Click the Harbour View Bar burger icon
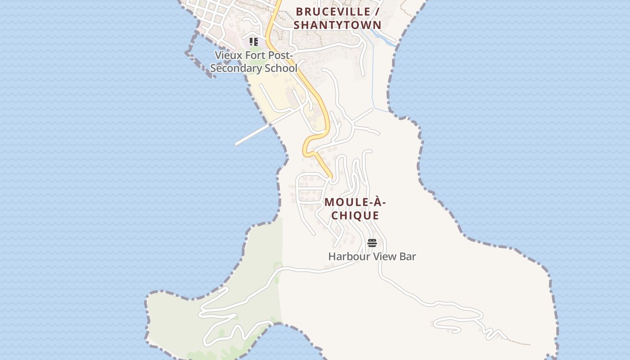372,243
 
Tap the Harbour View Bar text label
372,256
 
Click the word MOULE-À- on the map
355,202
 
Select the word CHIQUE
355,216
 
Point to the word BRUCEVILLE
333,12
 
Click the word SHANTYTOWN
337,25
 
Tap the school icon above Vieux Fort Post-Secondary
254,42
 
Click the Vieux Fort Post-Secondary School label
254,62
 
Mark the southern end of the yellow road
331,177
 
